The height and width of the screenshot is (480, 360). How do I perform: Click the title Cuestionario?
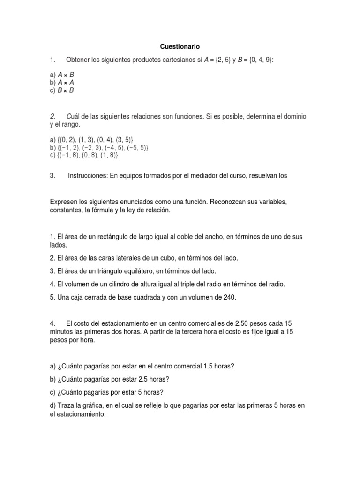pyautogui.click(x=180, y=46)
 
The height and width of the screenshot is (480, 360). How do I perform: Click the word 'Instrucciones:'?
pyautogui.click(x=88, y=176)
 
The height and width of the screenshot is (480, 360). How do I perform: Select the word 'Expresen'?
pyautogui.click(x=64, y=202)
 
